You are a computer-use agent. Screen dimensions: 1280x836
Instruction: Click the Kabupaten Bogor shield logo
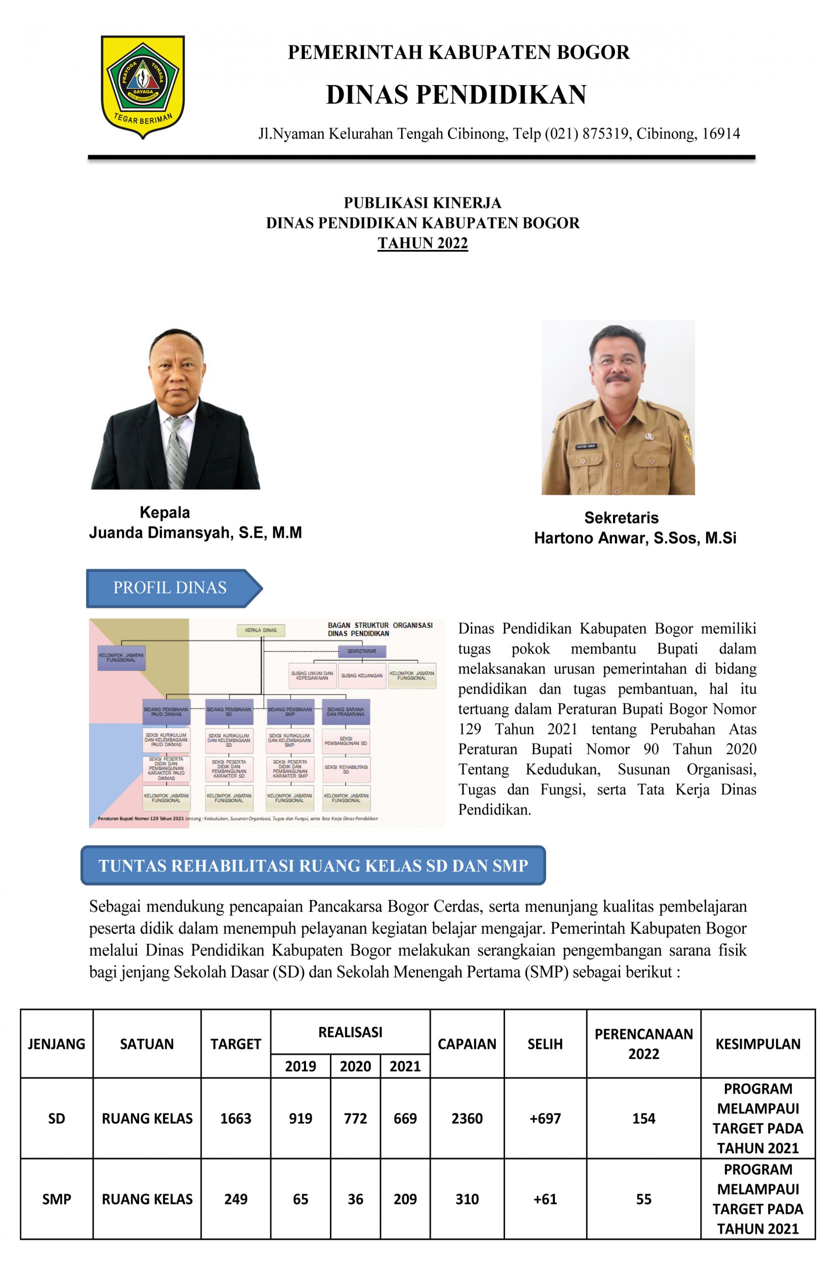point(143,86)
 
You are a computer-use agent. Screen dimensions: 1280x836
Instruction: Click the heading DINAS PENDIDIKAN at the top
point(455,94)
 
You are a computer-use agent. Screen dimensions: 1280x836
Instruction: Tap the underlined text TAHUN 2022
point(422,243)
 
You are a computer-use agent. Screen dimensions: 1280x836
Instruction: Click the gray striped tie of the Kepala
point(176,452)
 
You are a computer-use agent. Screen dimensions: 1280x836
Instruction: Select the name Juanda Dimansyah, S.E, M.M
point(195,532)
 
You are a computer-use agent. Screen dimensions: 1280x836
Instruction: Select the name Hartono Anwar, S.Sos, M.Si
point(635,538)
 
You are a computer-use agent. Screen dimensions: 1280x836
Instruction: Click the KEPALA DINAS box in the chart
point(261,630)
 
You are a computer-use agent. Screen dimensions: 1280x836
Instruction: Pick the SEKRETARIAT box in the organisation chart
point(361,651)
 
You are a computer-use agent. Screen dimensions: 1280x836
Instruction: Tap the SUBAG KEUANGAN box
point(361,675)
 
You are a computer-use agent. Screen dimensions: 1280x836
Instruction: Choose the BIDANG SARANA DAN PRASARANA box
point(345,711)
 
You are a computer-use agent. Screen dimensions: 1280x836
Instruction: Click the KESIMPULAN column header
point(757,1044)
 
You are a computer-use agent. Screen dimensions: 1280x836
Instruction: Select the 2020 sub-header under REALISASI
point(355,1066)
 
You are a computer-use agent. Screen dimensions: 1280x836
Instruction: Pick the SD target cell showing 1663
point(235,1118)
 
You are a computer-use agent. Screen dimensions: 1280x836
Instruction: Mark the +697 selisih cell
point(545,1118)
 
